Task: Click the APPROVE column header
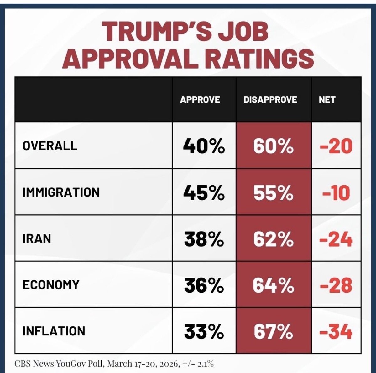(200, 100)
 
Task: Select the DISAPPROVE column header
(270, 100)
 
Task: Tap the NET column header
(327, 100)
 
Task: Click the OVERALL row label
(50, 146)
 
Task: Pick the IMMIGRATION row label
(61, 192)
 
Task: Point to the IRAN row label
(37, 238)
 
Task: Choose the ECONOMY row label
(51, 285)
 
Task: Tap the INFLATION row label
(54, 331)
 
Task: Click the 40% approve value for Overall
(204, 146)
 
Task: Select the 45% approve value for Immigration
(204, 192)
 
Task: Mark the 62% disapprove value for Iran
(273, 239)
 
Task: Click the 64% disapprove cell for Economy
(273, 285)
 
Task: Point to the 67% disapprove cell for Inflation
(273, 331)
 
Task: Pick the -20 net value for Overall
(336, 146)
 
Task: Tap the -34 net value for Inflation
(336, 331)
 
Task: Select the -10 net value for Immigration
(336, 192)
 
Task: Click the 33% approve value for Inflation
(204, 331)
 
